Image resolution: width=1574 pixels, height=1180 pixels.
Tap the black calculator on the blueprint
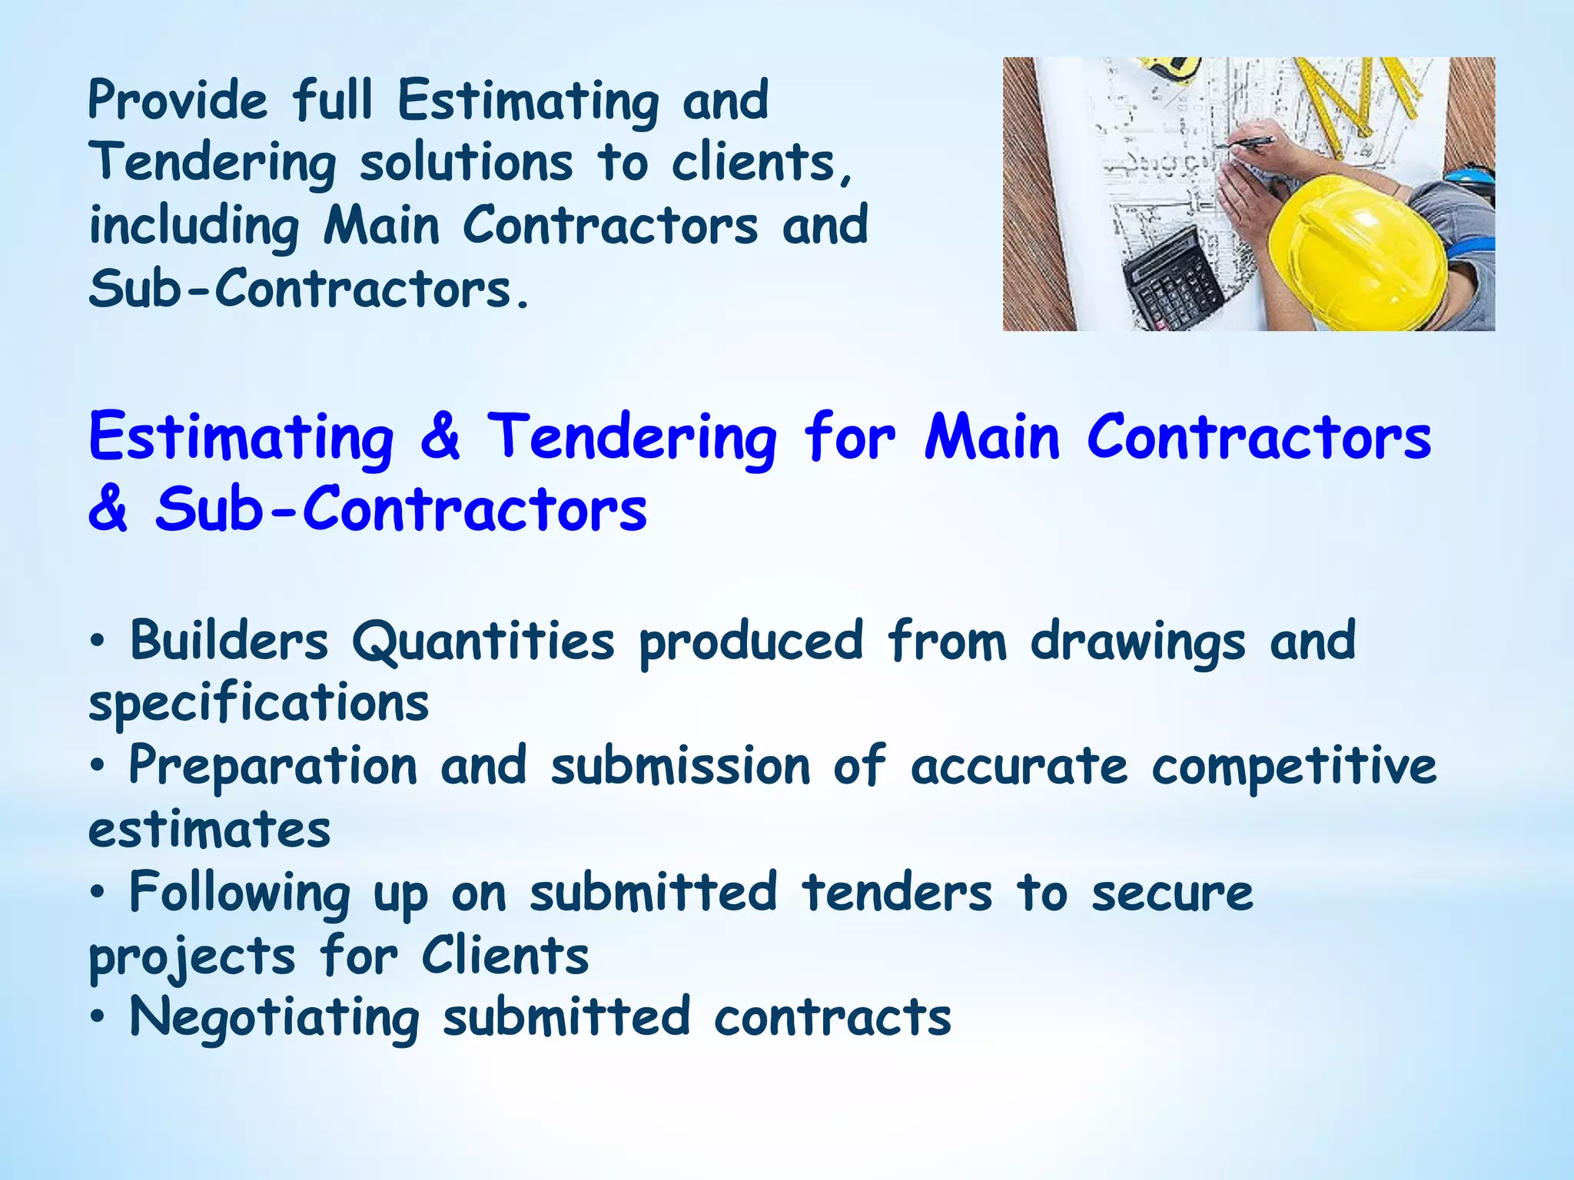pos(1172,280)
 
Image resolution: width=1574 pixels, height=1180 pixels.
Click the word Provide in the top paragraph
pos(178,101)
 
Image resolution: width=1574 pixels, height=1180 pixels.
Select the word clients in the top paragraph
pos(761,164)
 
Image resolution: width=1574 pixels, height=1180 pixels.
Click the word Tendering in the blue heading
pos(632,438)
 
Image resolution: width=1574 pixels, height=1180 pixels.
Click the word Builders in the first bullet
pos(229,641)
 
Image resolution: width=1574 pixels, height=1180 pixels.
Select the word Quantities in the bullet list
pos(483,642)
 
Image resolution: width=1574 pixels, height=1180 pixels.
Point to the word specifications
pos(258,704)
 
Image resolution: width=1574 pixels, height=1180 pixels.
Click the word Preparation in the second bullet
pos(273,767)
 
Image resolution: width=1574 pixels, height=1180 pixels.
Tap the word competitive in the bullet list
pos(1293,767)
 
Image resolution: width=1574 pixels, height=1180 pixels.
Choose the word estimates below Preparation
pos(210,830)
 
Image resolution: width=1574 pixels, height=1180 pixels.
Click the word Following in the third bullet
pos(240,894)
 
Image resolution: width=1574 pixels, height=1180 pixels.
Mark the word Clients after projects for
pos(505,956)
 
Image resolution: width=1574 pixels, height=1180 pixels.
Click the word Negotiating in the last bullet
pos(274,1019)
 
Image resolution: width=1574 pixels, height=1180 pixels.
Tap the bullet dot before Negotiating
pos(97,1018)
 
